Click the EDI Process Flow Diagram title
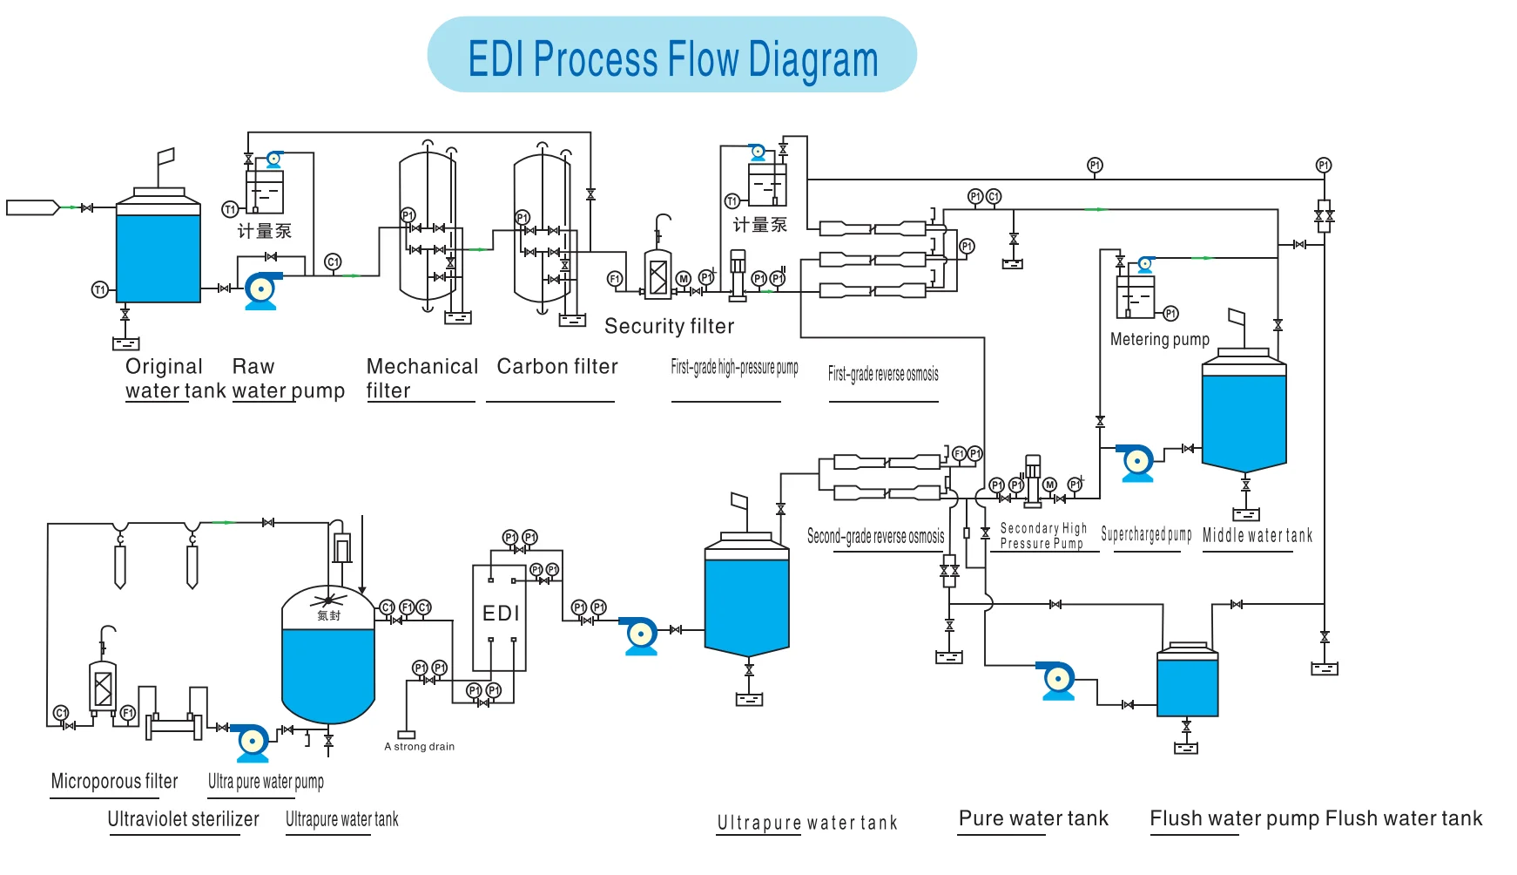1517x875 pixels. [672, 58]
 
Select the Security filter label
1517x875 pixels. [669, 326]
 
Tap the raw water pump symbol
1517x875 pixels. [261, 290]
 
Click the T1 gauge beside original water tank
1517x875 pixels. [100, 289]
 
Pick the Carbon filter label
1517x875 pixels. [557, 366]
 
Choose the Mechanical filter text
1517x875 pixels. [421, 377]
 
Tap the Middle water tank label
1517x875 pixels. [1257, 535]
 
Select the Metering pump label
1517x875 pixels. [1159, 339]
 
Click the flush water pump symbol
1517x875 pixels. [1058, 680]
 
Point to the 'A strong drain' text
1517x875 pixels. [420, 746]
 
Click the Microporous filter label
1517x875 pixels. [114, 781]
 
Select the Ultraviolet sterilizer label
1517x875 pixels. [183, 819]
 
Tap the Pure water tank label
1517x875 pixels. [1033, 818]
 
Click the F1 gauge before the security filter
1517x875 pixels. [615, 279]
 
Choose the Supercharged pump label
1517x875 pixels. [1146, 534]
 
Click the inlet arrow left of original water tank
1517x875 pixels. [33, 207]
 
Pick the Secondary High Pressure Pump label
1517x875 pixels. [1042, 535]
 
